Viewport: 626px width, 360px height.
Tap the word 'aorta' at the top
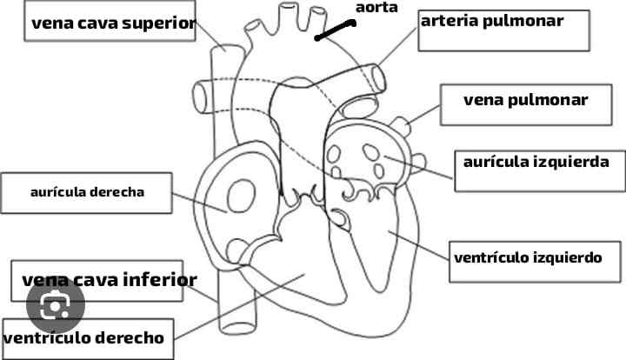376,8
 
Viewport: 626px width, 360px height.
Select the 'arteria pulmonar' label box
491,21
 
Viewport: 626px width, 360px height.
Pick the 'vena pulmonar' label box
525,101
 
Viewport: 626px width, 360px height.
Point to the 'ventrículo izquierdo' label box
535,258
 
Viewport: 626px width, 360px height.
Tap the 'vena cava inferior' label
109,280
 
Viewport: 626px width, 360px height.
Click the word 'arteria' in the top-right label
449,21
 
